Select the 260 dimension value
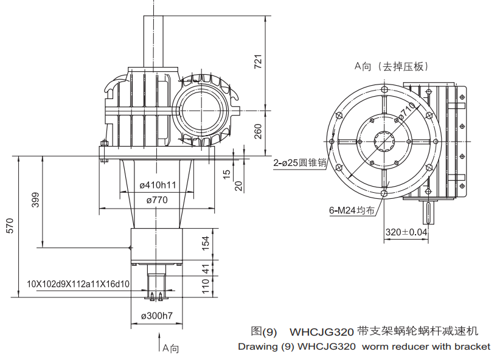(x=257, y=131)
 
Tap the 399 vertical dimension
(x=35, y=201)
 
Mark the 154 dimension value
(x=206, y=243)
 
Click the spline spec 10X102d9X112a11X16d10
(x=78, y=283)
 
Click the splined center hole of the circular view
(x=384, y=142)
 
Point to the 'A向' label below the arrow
(x=171, y=348)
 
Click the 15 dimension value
(x=227, y=175)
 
